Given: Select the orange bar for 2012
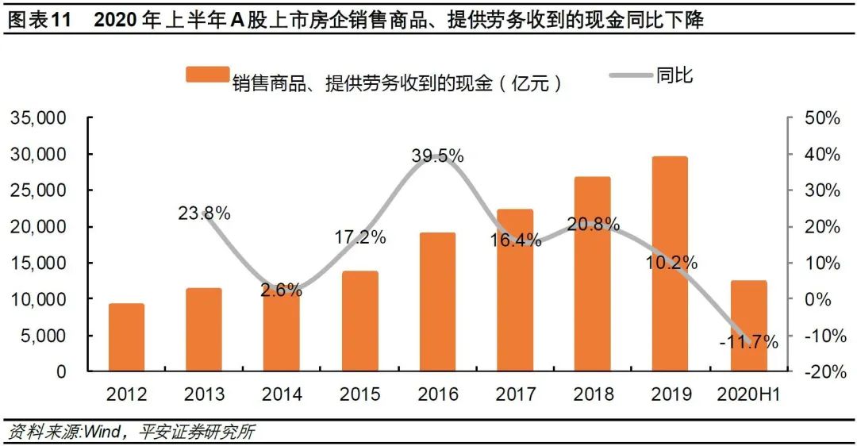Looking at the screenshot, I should tap(127, 337).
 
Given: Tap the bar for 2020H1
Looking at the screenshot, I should tap(748, 325).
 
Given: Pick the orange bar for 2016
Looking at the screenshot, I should tap(437, 302).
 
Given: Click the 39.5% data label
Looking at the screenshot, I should tap(437, 156).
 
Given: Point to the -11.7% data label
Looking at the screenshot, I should tap(748, 342).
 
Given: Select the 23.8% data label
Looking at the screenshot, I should tap(204, 213).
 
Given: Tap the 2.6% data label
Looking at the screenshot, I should tap(282, 290).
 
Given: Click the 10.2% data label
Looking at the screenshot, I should tap(671, 262).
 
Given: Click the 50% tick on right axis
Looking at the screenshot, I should tap(822, 118).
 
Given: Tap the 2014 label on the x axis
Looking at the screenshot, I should tap(282, 394).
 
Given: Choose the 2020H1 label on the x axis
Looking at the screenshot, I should tap(748, 394).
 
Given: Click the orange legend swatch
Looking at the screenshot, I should tap(207, 75).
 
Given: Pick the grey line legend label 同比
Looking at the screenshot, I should tap(674, 75).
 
